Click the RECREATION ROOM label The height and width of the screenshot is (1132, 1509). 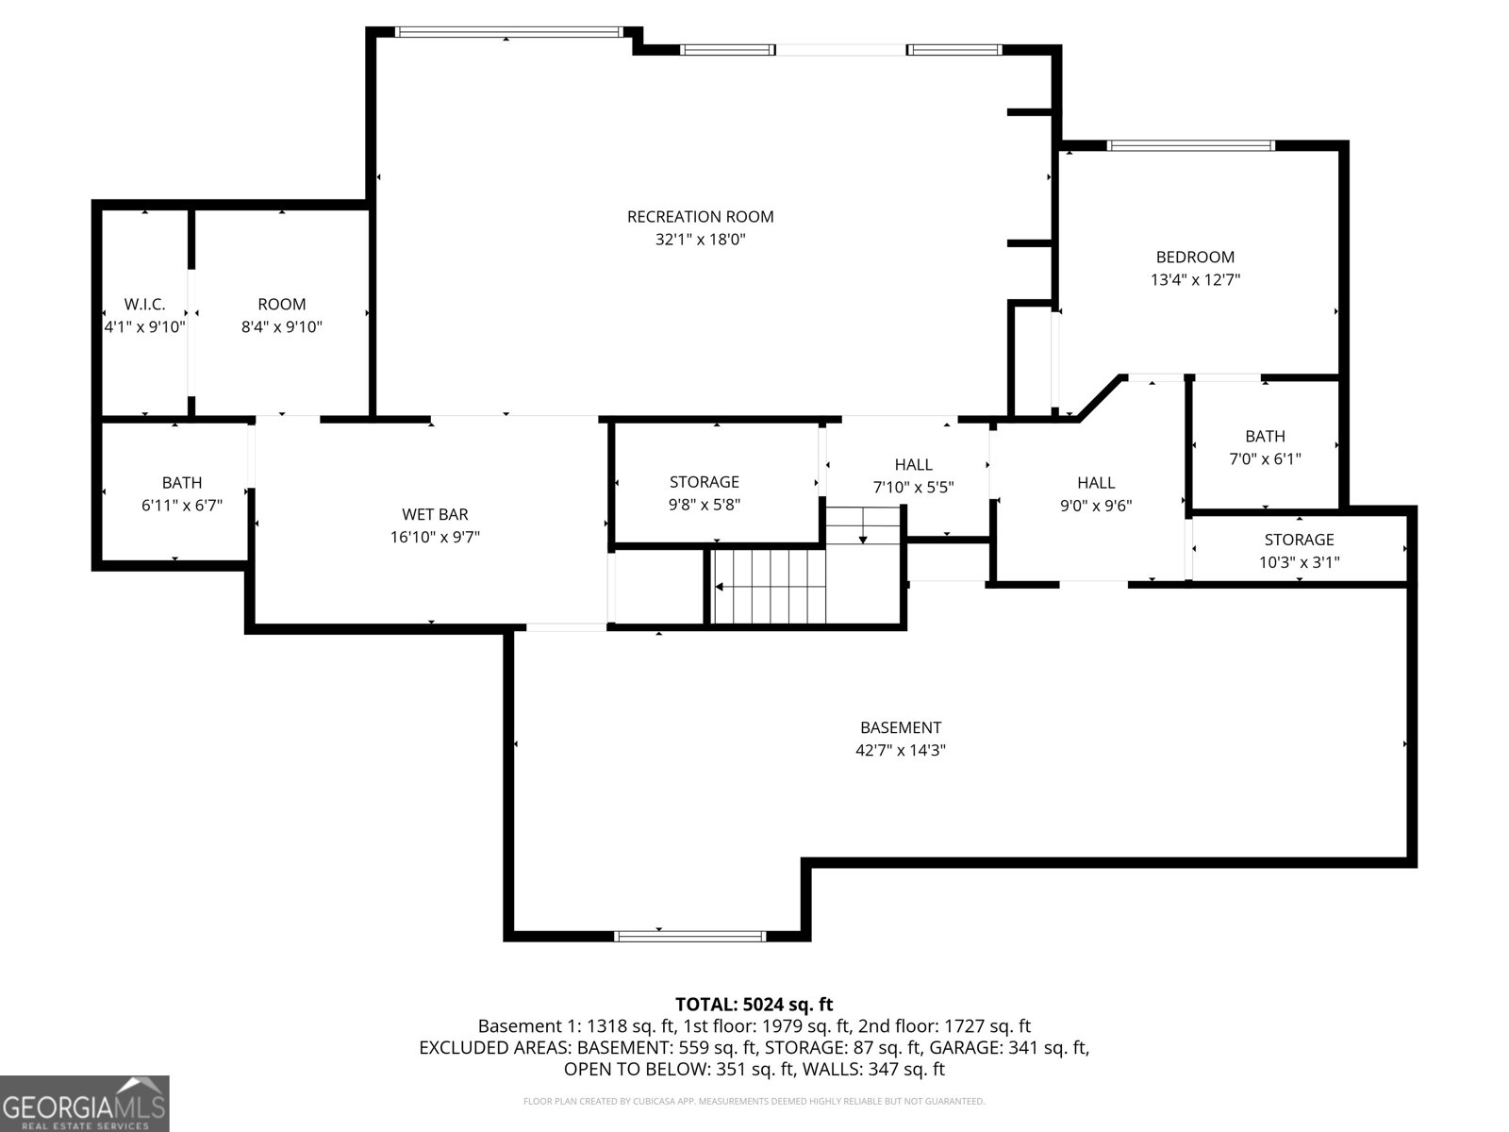pos(700,217)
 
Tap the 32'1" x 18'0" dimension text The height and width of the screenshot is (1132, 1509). pos(700,240)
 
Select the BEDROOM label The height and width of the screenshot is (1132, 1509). pos(1195,257)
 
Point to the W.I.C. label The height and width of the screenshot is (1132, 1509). pos(144,304)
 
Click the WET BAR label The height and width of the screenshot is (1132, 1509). pos(435,514)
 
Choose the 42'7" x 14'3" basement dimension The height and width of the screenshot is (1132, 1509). pos(900,751)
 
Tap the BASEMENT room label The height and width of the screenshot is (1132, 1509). pos(900,727)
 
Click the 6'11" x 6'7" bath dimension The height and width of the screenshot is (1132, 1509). pos(182,506)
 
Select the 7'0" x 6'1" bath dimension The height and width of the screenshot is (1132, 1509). pos(1265,459)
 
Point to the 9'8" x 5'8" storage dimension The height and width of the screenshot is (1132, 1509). pos(704,505)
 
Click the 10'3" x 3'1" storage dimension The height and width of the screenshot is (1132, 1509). pos(1299,562)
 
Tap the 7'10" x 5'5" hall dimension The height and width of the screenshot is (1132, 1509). pos(913,488)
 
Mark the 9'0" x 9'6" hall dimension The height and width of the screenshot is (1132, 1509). pos(1095,506)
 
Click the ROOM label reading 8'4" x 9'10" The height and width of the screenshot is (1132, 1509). pos(281,304)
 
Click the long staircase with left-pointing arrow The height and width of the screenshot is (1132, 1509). pos(769,587)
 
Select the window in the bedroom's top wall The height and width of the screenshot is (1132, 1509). pos(1190,145)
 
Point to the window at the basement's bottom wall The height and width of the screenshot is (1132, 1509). pos(689,936)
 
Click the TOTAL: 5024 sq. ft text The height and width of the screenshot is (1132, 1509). pos(754,1005)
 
